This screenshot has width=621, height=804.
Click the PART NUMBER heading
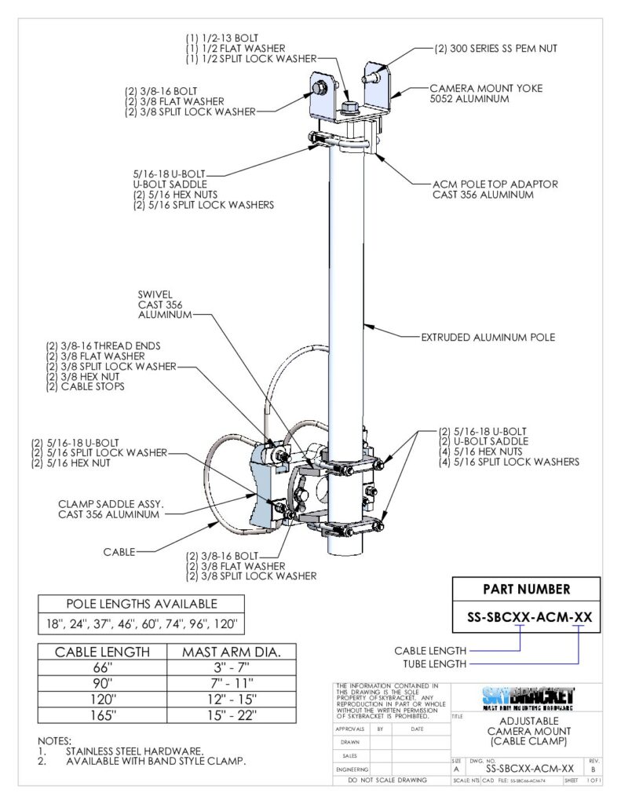(527, 589)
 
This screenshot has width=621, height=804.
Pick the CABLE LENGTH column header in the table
(103, 652)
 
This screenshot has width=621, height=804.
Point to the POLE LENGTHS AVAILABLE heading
(141, 604)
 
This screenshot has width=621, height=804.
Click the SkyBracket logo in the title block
(527, 696)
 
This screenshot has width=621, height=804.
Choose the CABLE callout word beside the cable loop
(119, 552)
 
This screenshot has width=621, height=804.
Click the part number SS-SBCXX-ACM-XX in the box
(527, 617)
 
